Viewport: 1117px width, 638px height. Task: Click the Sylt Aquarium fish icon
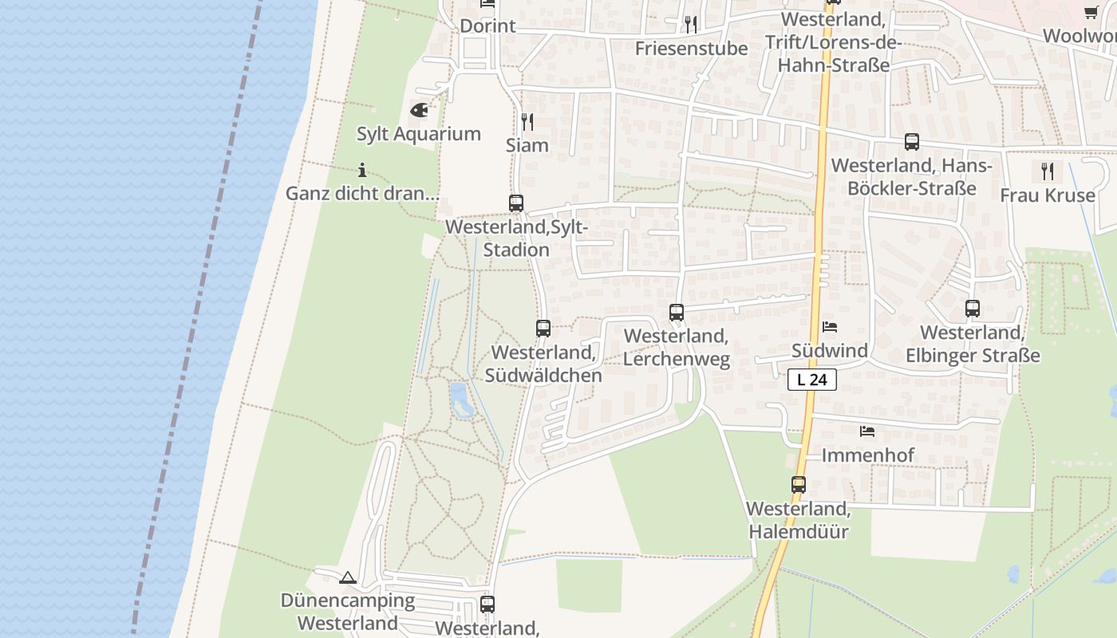tap(419, 110)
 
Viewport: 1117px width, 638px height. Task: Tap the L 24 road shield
tap(812, 380)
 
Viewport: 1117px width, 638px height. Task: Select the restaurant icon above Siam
tap(527, 122)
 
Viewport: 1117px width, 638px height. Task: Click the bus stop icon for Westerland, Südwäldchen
tap(543, 328)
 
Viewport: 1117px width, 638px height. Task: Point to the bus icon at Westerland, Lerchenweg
tap(677, 312)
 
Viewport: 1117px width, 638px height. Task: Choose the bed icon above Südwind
tap(830, 326)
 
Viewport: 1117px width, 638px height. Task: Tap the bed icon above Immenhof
tap(867, 431)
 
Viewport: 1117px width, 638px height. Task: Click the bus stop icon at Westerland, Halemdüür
tap(799, 484)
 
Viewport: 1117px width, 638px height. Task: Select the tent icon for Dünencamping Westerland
tap(347, 577)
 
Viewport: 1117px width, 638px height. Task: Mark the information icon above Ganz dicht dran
tap(362, 170)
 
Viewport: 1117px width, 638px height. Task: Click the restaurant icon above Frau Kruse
tap(1048, 171)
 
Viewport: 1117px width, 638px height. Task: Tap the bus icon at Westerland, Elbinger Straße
tap(973, 308)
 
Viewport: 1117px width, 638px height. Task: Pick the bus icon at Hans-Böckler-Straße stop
tap(912, 142)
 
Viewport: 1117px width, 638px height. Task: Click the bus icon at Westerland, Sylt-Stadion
tap(516, 203)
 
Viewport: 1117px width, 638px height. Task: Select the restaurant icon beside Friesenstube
tap(691, 25)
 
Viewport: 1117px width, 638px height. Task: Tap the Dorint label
tap(487, 26)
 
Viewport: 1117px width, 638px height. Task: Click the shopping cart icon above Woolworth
tap(1091, 12)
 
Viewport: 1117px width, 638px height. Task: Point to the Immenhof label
tap(868, 455)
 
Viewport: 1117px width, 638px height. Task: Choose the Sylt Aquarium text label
tap(419, 134)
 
